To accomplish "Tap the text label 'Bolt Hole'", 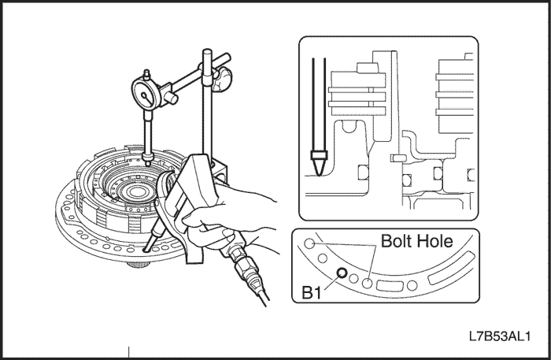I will pyautogui.click(x=416, y=242).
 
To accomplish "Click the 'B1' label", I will pyautogui.click(x=312, y=293).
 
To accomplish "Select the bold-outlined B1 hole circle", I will pyautogui.click(x=342, y=273).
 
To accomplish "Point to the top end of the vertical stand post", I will pyautogui.click(x=208, y=53).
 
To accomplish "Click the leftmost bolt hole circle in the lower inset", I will pyautogui.click(x=310, y=244).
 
